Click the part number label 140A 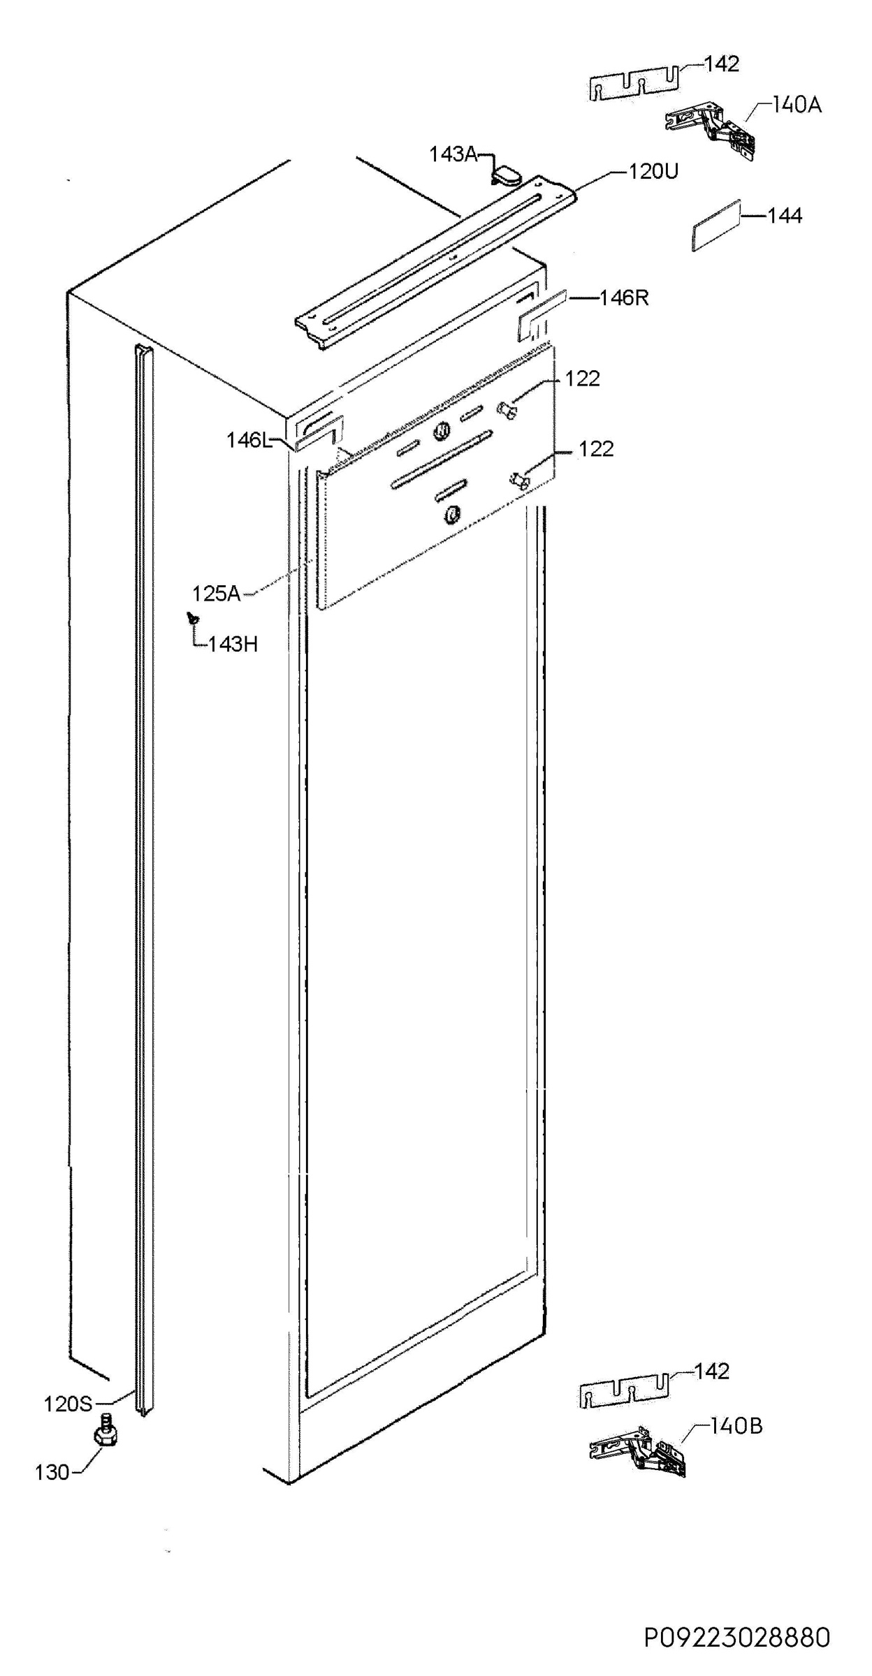797,105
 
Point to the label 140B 736,1426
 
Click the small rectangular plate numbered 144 715,225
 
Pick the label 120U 653,171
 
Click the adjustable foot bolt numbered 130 106,1432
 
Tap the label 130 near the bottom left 52,1473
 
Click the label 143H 233,644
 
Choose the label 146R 624,298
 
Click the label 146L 248,441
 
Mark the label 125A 217,594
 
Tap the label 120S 68,1404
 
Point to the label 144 785,216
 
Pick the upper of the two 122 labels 583,378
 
